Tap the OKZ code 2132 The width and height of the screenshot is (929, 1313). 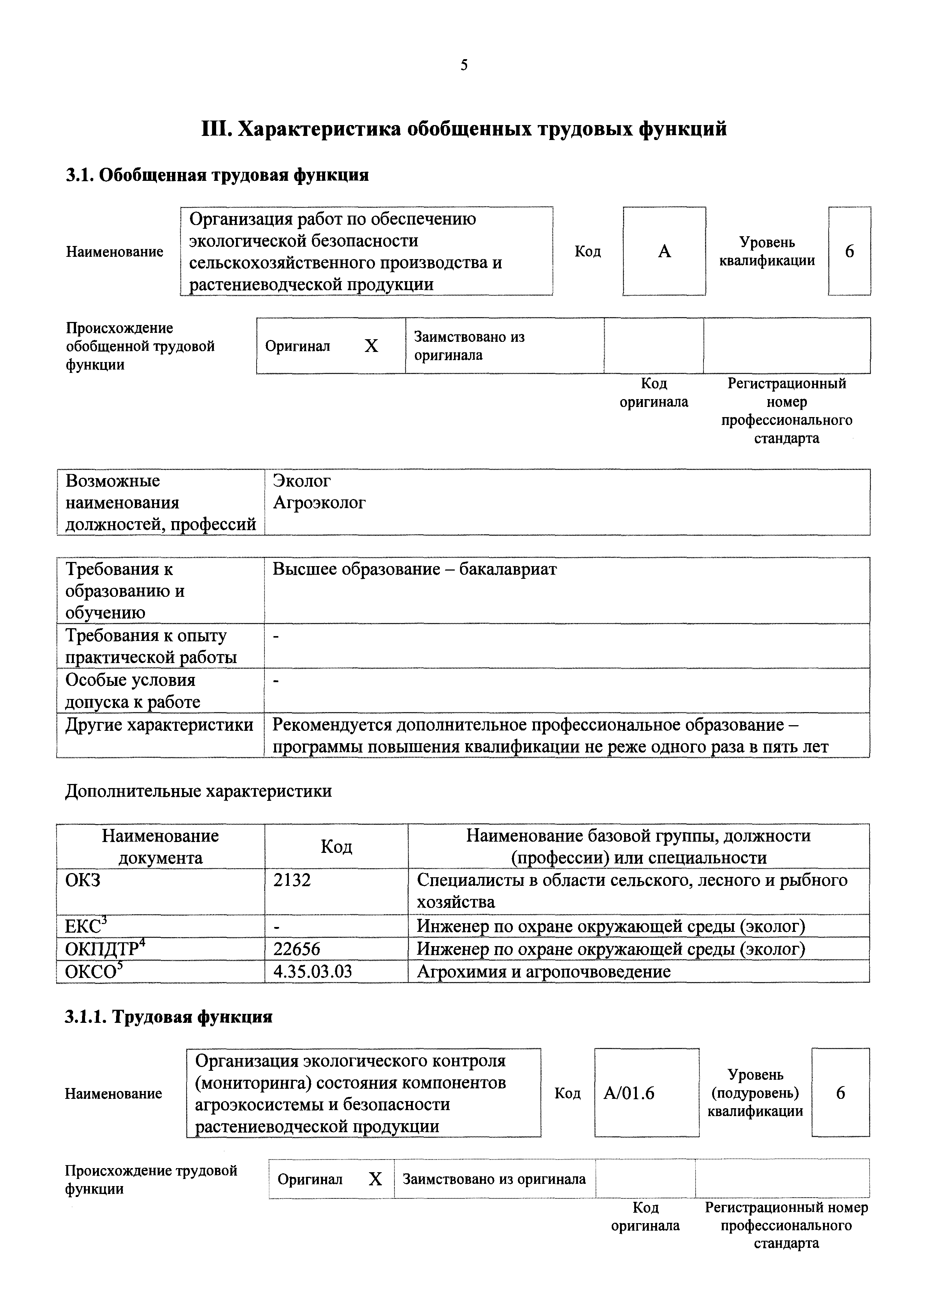click(292, 880)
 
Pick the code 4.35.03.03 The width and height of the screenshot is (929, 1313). click(312, 972)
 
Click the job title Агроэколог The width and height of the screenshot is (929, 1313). click(319, 503)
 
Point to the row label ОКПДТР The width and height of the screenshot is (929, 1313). click(102, 949)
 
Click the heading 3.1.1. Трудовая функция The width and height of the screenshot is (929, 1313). click(169, 1017)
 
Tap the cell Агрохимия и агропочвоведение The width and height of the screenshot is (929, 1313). click(544, 972)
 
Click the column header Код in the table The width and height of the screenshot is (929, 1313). click(336, 847)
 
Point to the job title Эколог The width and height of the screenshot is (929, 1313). click(302, 481)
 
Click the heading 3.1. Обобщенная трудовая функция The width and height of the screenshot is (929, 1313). click(217, 175)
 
